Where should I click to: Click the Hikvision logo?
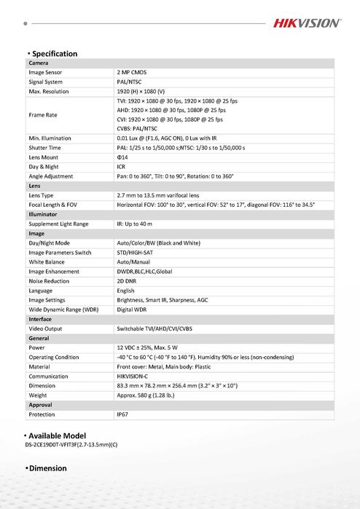click(306, 23)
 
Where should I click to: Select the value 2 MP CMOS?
click(133, 73)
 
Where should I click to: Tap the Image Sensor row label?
click(45, 73)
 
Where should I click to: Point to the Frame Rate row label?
click(43, 114)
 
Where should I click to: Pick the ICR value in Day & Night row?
click(121, 167)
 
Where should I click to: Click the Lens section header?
click(34, 186)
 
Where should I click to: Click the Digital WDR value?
click(132, 309)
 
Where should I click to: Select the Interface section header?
click(40, 319)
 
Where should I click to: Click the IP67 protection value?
click(123, 414)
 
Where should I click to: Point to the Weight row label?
click(39, 395)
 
